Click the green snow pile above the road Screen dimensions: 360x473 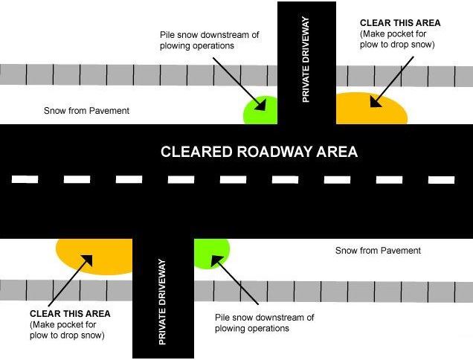[260, 111]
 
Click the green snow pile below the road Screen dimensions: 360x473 [212, 253]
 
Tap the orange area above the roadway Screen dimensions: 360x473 [372, 109]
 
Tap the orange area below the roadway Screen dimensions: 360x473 [93, 256]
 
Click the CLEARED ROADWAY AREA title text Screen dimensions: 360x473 [260, 152]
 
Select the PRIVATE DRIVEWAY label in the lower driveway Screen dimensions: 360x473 [162, 302]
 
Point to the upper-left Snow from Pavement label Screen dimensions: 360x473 [87, 111]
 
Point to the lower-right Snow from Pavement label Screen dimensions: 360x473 [378, 251]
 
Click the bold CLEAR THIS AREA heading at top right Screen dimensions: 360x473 [399, 23]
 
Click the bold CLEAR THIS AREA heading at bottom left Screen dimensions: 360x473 [70, 314]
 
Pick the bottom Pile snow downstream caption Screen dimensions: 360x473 [264, 323]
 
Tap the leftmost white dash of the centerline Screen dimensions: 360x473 [25, 179]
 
